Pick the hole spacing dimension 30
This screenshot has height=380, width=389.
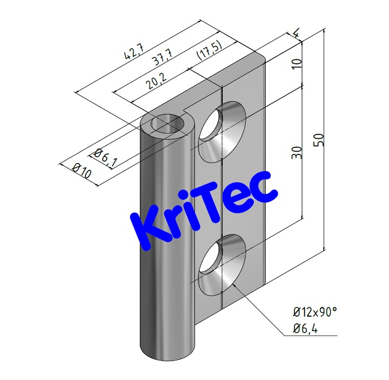click(296, 153)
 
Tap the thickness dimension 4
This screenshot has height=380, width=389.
click(297, 35)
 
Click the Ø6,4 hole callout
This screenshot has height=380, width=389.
click(307, 330)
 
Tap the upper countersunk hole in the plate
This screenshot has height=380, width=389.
click(221, 132)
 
